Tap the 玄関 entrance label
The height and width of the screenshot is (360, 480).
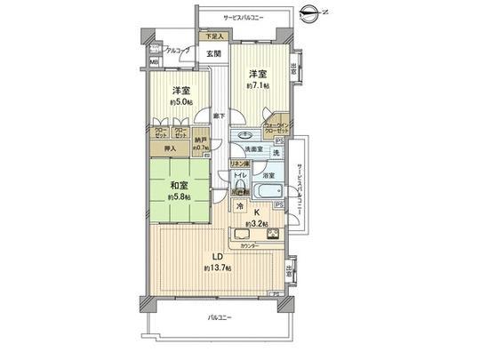point(214,53)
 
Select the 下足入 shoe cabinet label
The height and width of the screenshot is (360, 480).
point(214,36)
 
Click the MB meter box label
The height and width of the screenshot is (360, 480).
point(154,62)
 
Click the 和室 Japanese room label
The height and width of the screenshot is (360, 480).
point(172,186)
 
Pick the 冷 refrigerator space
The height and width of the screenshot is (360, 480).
point(240,206)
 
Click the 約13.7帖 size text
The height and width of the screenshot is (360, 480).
point(218,268)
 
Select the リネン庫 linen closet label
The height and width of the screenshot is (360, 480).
point(239,164)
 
